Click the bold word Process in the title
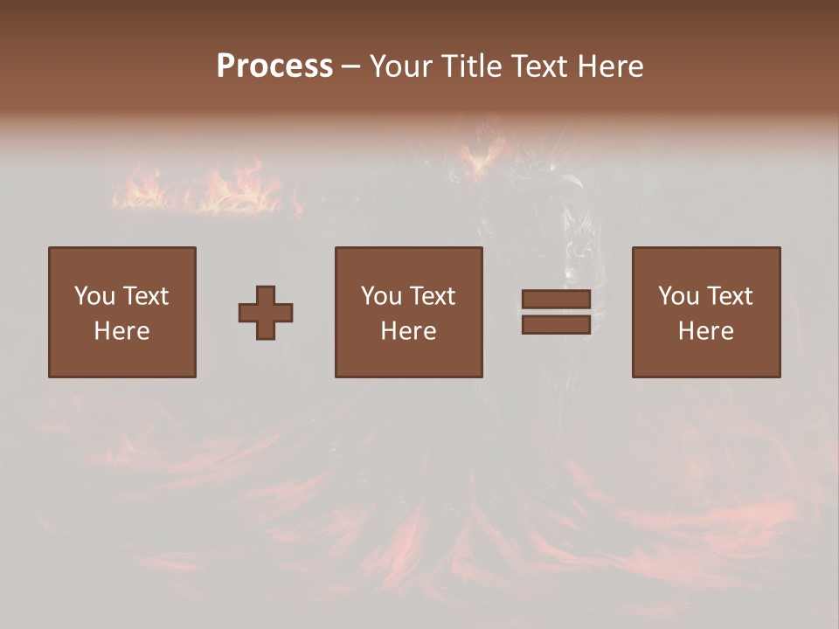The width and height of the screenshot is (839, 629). point(274,66)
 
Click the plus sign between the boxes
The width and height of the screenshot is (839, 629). point(266,312)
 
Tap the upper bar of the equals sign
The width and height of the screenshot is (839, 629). point(556,300)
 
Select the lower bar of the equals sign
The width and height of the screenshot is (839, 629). point(556,324)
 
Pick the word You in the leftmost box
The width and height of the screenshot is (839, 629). point(94,296)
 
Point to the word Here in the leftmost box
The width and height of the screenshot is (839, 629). point(121,331)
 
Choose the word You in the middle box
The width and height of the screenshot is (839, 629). point(380,296)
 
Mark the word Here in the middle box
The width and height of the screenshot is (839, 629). point(408,331)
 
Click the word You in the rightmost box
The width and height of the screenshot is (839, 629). point(677,296)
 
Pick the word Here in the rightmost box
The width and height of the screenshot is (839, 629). point(705,331)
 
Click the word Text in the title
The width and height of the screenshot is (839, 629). point(541,66)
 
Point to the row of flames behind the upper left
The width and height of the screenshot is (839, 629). point(205,188)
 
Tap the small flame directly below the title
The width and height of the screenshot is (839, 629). point(479,158)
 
